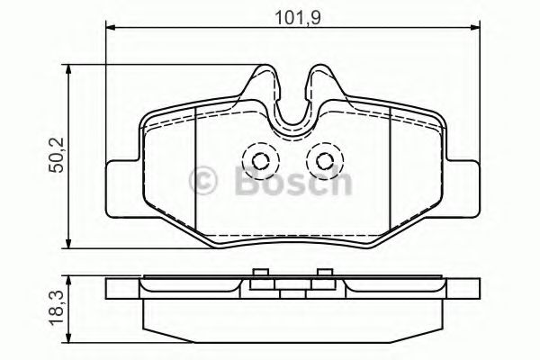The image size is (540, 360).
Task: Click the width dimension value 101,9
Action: point(293,13)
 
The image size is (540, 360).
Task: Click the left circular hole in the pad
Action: point(260,161)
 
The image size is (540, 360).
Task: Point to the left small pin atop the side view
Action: point(259,275)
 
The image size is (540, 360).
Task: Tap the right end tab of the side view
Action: point(461,289)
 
